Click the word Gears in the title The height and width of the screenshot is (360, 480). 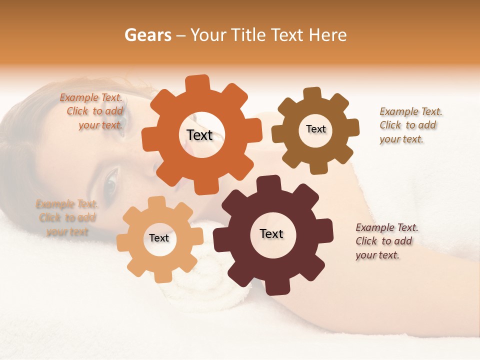[x=147, y=35]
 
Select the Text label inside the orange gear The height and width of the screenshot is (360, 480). [x=199, y=135]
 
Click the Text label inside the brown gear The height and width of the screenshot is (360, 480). [x=315, y=129]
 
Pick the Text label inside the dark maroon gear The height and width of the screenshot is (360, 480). [x=271, y=233]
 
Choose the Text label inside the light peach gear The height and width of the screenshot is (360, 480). [x=159, y=238]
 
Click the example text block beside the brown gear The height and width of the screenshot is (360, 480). [x=410, y=125]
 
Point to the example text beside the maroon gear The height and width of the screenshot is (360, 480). [x=386, y=241]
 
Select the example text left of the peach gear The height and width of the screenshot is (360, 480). [x=66, y=217]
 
